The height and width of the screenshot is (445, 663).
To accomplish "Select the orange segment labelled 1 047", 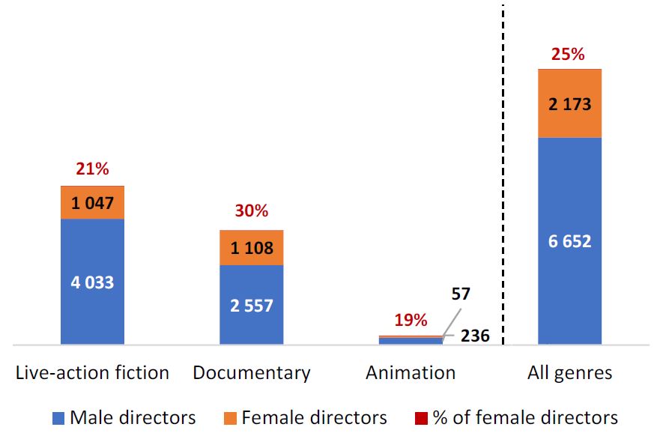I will point(92,202).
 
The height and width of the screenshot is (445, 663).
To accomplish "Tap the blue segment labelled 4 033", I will point(92,282).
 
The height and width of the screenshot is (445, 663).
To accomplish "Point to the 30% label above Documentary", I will point(251,211).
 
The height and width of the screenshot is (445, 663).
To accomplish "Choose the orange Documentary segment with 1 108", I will point(251,247).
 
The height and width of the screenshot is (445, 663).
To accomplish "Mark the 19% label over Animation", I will point(411,321).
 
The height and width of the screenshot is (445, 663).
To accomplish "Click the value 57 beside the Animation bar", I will point(460,294).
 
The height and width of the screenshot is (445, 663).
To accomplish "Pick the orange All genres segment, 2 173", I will point(569,103).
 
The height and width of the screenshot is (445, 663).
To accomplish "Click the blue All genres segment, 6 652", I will point(569,241).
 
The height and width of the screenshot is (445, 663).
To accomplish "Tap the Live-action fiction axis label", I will point(92,372).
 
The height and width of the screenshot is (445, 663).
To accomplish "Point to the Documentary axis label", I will point(251,372).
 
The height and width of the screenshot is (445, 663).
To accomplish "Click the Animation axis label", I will point(411,372).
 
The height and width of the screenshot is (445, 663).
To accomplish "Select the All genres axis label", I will point(569,372).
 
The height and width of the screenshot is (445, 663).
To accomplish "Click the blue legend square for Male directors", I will point(58,418).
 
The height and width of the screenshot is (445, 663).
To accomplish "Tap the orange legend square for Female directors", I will point(230,418).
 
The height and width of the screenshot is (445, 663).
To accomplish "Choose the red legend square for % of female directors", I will point(422,418).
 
